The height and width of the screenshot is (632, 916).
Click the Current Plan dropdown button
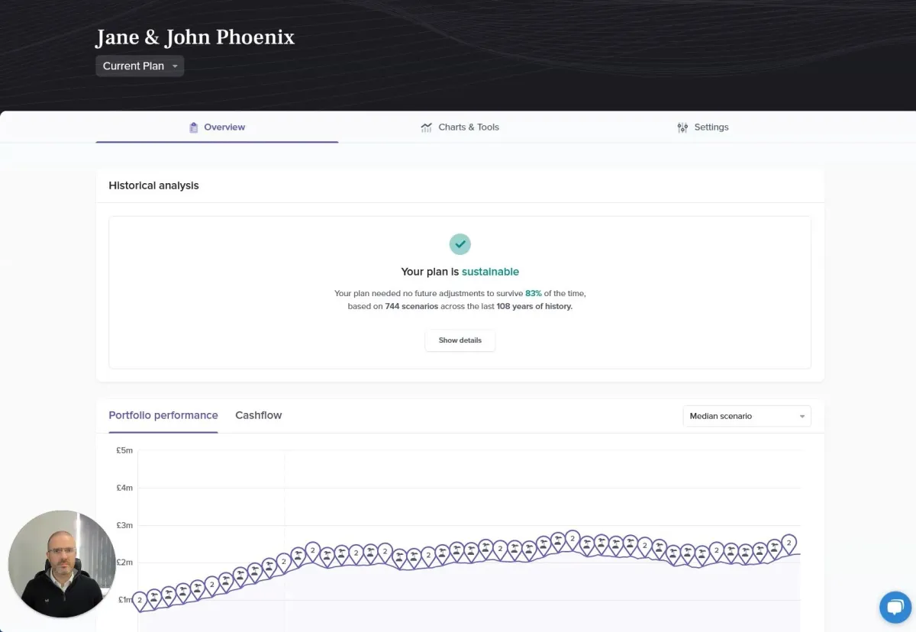[140, 66]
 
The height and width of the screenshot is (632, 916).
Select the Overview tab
[217, 127]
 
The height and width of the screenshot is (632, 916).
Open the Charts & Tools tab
[460, 127]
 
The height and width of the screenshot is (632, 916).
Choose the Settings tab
[702, 127]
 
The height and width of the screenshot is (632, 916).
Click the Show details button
[460, 340]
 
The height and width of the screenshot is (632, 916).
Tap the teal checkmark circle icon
[460, 244]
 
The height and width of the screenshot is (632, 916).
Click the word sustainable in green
[490, 272]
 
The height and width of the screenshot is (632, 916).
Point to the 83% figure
[534, 293]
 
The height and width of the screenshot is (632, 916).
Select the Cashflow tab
[258, 415]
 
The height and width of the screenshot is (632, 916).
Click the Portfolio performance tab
[163, 415]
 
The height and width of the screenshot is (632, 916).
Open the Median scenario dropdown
[747, 416]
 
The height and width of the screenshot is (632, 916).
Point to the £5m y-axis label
[124, 450]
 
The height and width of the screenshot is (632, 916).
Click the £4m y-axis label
[124, 488]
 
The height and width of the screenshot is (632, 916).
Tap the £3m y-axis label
[124, 525]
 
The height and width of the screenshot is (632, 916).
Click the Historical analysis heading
[153, 185]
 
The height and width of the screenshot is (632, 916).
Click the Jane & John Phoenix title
[195, 37]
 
